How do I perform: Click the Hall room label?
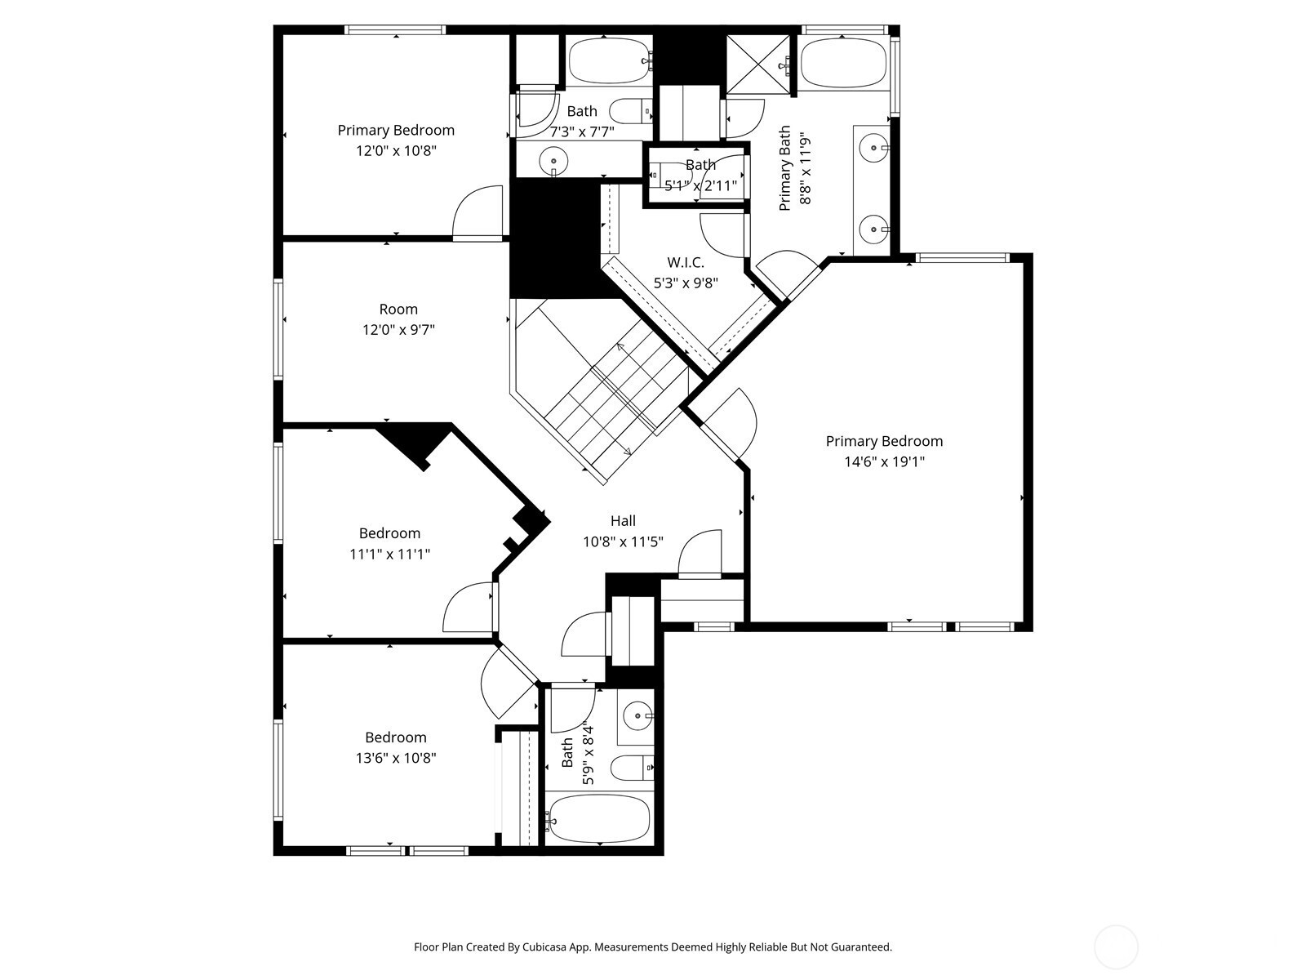coord(623,521)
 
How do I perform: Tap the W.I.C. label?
coord(686,262)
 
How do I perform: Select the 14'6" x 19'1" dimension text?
coord(884,461)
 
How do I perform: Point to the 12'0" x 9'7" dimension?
coord(398,330)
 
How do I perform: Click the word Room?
coord(398,310)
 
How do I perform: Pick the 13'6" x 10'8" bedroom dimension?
coord(396,758)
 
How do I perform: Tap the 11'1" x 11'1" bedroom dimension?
coord(389,554)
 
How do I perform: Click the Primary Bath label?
coord(784,167)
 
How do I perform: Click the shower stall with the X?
coord(758,65)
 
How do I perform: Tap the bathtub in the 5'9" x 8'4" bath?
coord(599,819)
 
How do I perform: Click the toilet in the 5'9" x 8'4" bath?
coord(633,768)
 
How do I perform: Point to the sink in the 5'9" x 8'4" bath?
coord(636,713)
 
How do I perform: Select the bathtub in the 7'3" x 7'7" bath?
coord(610,61)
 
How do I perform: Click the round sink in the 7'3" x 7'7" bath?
coord(553,161)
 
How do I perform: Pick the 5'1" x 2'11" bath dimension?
coord(700,186)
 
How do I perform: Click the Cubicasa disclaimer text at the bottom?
coord(653,947)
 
